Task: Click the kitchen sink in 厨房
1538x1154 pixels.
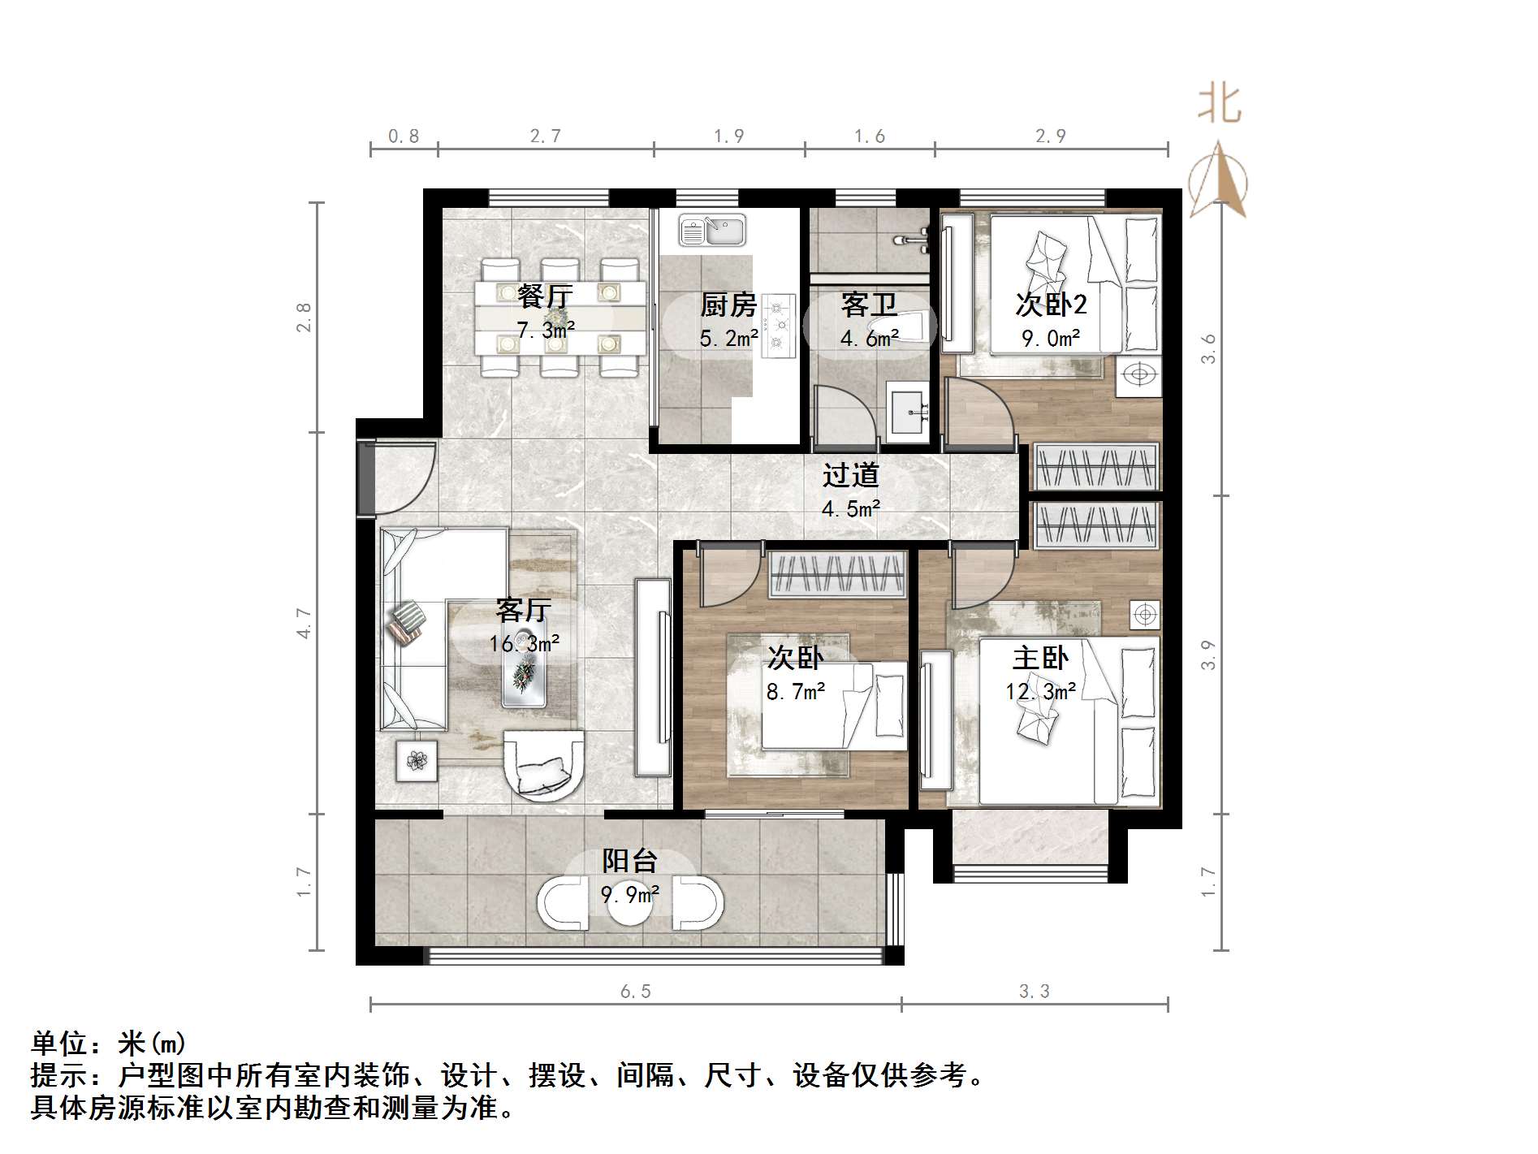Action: coord(712,231)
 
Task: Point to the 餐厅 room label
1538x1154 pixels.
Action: coord(545,296)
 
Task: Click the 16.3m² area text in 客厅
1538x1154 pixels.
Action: coord(524,644)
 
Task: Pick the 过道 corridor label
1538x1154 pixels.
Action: coord(850,475)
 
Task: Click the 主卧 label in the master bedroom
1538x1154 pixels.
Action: coord(1040,657)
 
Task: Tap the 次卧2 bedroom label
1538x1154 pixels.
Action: coord(1051,305)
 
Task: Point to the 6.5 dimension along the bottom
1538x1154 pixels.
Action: coord(635,992)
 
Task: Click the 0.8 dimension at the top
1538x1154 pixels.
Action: coord(404,136)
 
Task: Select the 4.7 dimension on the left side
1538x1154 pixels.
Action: coord(304,623)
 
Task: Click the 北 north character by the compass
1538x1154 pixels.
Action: coord(1219,105)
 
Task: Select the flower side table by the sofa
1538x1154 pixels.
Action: coord(417,761)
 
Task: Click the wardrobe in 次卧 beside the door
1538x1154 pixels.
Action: coord(836,573)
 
